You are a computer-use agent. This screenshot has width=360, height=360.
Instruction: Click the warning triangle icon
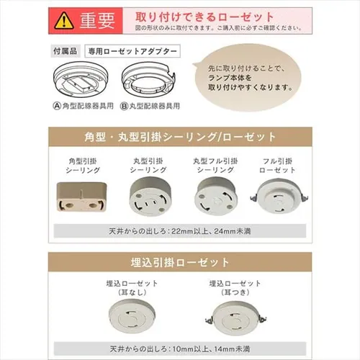click(x=66, y=20)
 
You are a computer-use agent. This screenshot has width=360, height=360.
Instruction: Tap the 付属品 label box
click(x=66, y=53)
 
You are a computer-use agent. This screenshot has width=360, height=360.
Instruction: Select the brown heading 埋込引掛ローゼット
click(x=180, y=261)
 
